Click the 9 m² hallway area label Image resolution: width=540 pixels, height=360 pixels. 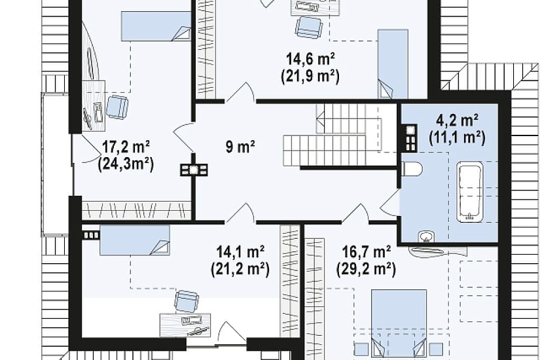pos(240,147)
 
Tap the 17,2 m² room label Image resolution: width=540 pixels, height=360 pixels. pos(126,147)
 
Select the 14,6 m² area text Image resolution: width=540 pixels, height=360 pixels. pos(311,60)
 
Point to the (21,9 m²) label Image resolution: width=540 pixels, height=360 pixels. pos(310,77)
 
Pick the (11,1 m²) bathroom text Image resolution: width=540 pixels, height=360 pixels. pos(457,137)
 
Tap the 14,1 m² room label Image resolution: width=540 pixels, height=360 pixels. pos(240,251)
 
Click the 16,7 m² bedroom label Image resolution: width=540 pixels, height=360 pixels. pos(367,252)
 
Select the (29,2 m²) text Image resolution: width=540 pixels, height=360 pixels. pos(366,269)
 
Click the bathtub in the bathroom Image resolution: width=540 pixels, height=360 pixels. pos(470,192)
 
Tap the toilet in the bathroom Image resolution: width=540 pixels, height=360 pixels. pos(412,170)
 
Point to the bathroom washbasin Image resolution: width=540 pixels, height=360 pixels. pos(426,237)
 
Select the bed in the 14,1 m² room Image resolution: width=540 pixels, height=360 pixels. pos(135,240)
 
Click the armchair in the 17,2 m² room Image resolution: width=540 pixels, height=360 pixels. pos(117,107)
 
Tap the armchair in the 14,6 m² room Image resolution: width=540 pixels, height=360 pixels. pos(309,27)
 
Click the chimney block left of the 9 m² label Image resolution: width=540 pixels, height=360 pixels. pos(194,170)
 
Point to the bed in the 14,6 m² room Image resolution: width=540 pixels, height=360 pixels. pos(393,64)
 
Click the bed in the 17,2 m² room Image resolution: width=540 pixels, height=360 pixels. pos(156,26)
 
